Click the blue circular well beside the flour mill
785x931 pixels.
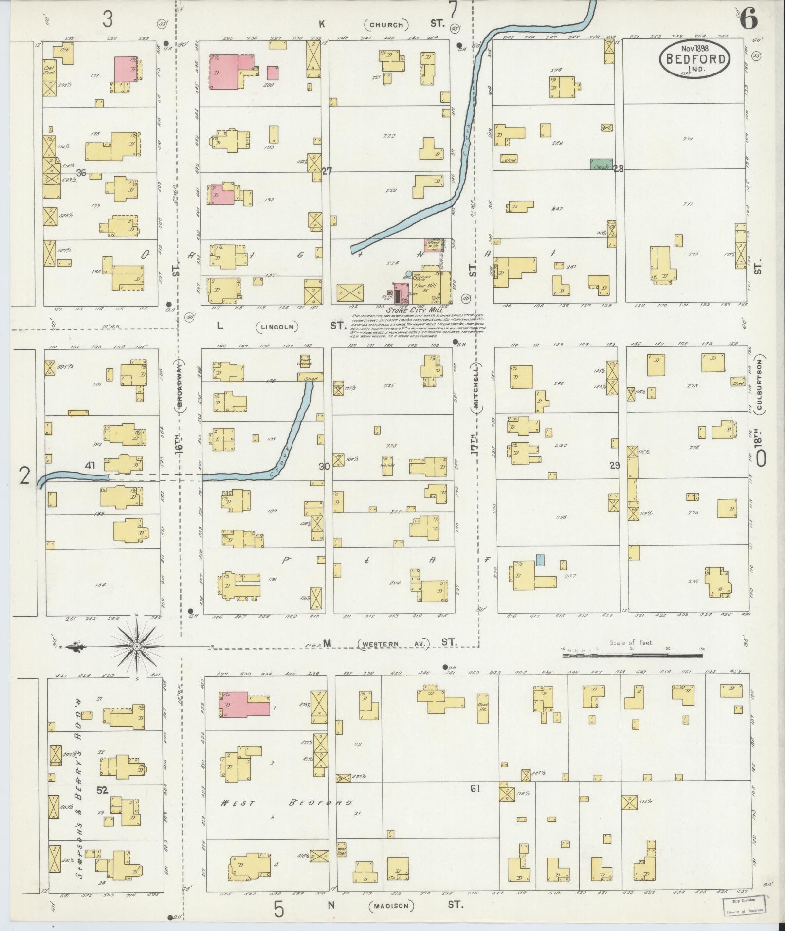click(408, 274)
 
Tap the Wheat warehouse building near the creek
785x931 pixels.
click(433, 244)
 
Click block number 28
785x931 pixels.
click(618, 169)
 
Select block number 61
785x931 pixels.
click(475, 788)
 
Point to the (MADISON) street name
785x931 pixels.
click(391, 906)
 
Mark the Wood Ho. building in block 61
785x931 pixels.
click(483, 707)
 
